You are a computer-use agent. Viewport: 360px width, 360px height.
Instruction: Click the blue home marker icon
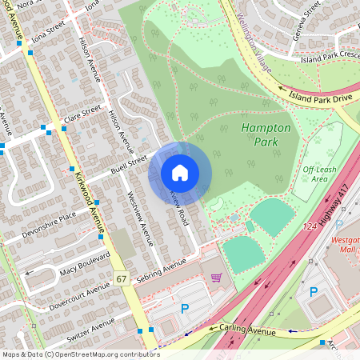pos(180,173)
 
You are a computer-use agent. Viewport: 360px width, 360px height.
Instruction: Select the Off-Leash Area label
pos(318,174)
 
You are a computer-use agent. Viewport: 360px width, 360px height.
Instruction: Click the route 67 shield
pos(122,279)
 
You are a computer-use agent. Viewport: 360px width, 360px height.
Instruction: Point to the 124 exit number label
pos(309,229)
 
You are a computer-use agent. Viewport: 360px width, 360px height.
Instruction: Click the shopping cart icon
pos(216,278)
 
